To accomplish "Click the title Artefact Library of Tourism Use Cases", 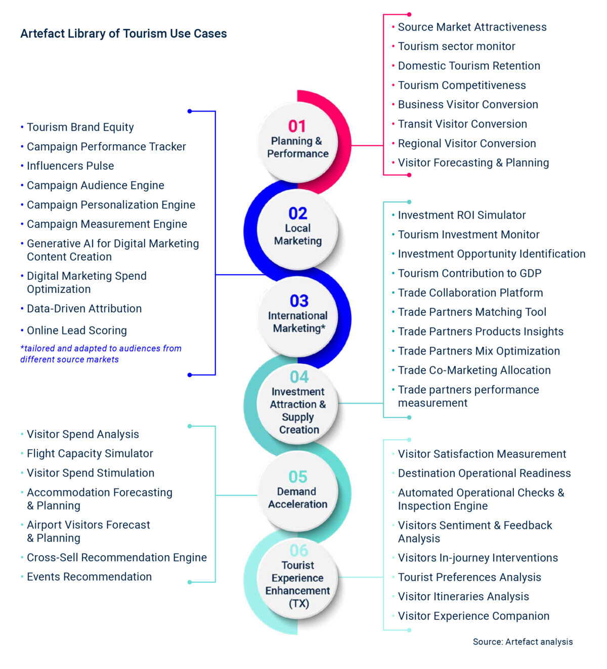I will [123, 34].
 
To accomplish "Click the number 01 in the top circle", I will [297, 126].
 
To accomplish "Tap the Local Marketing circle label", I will [298, 234].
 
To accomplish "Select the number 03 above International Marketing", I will [299, 301].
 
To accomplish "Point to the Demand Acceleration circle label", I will [297, 498].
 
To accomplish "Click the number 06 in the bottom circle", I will [298, 550].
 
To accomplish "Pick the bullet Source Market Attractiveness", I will [472, 27].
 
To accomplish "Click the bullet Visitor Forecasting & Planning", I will [473, 163].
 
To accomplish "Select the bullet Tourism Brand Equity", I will [80, 128].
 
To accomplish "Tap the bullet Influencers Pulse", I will [70, 166].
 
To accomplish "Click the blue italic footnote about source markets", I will [100, 354].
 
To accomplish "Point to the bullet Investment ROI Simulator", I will [461, 216].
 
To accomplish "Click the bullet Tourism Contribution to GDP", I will [469, 274].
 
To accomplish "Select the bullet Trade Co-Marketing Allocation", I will [474, 370].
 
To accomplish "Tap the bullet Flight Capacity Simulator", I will [90, 454].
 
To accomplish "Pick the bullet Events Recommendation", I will [89, 577].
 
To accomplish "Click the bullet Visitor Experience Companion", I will [473, 616].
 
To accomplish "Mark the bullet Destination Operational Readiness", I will [484, 474].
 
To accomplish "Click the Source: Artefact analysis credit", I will [523, 642].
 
